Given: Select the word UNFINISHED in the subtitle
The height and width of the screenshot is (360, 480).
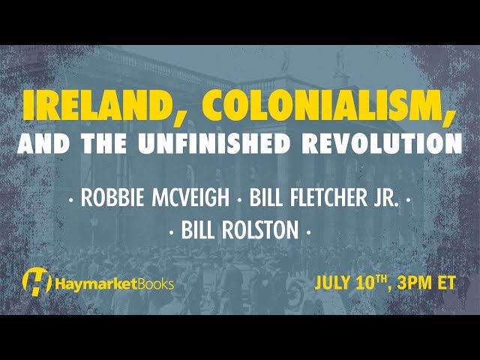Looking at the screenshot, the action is [215, 143].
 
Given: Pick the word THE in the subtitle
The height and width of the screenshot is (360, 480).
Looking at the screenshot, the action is [103, 143].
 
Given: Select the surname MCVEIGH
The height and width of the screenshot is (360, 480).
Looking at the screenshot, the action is [190, 197].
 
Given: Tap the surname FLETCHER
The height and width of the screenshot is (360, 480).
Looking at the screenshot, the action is [328, 197].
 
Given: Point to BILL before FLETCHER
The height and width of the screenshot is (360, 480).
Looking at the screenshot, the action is [267, 197].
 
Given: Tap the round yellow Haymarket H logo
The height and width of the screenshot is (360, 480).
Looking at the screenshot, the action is [37, 282].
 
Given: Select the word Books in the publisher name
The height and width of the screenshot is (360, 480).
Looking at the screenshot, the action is [155, 283].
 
